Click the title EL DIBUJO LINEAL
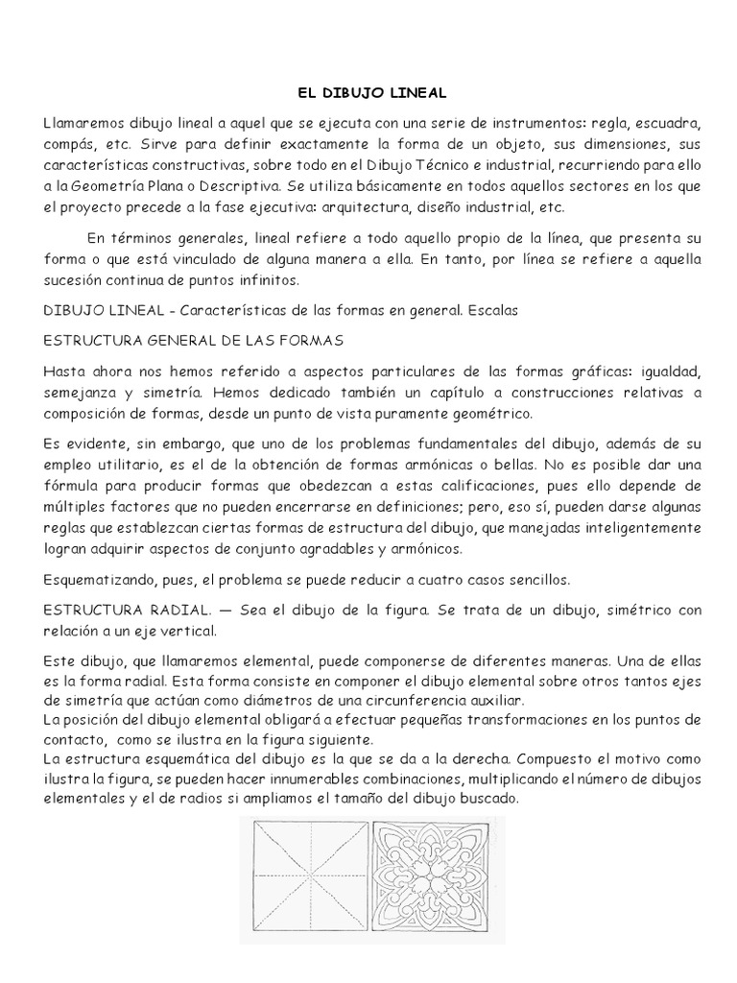pyautogui.click(x=368, y=93)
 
